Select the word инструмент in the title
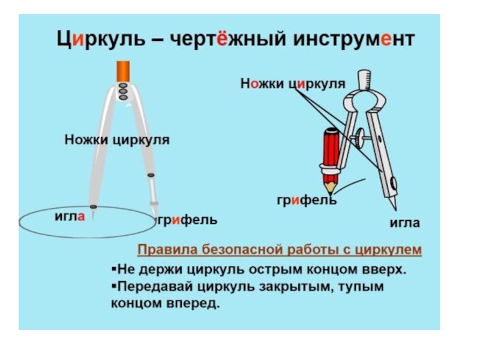(x=354, y=40)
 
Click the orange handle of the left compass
(x=124, y=70)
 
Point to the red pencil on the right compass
(x=329, y=150)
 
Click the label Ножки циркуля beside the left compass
(x=117, y=140)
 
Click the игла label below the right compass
(x=405, y=223)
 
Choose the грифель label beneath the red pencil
(x=306, y=200)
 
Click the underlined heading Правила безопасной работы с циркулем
(x=280, y=249)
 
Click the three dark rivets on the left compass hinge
(x=124, y=91)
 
